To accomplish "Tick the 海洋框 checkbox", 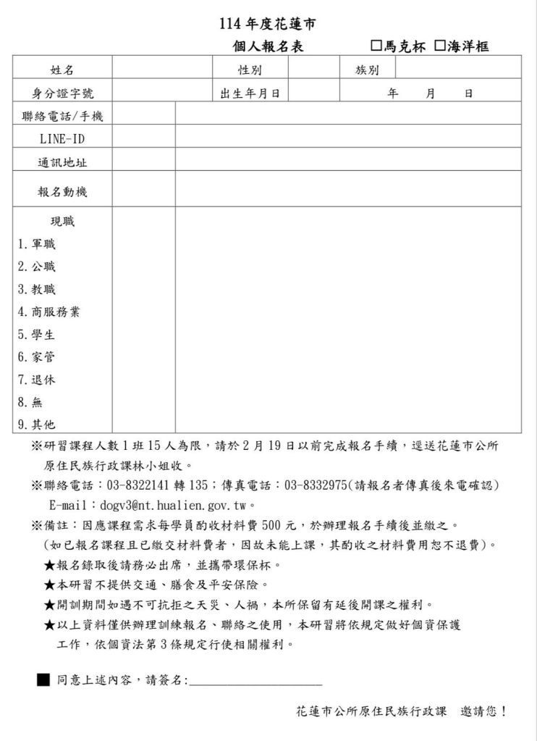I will coord(439,46).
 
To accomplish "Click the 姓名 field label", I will coord(62,70).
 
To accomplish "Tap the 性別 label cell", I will coord(250,70).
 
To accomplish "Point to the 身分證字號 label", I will coord(62,93).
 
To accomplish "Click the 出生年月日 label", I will coord(250,93).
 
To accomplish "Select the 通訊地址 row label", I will coord(62,162).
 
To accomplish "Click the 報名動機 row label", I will coord(62,192).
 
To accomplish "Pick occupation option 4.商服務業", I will coord(48,312).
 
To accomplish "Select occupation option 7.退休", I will coord(36,380).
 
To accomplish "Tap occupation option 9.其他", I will coord(36,424).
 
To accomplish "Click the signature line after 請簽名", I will coord(255,681).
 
